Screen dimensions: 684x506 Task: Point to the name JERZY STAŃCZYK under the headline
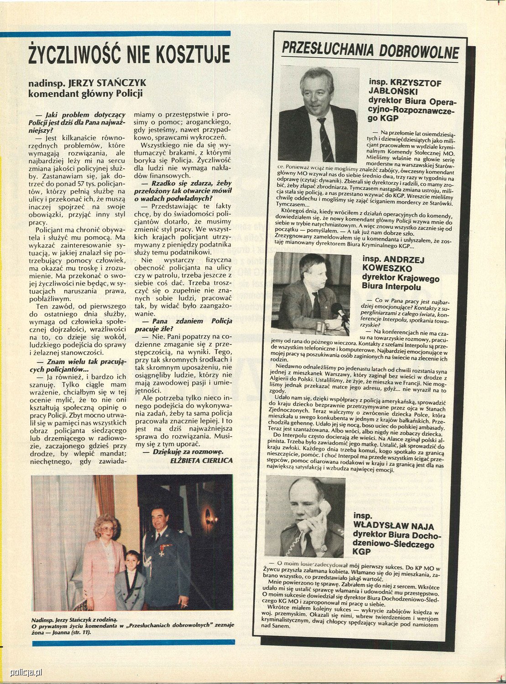coord(107,84)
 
